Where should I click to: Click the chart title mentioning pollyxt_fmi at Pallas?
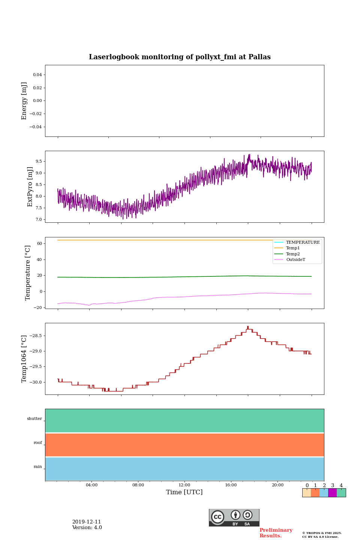pos(180,57)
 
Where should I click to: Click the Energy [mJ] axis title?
pos(24,101)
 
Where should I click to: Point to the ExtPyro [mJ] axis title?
pos(30,187)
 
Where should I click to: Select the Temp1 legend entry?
pos(292,248)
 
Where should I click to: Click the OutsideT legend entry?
pos(295,260)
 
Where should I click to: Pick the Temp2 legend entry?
pos(292,254)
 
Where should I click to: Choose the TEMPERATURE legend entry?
pos(302,243)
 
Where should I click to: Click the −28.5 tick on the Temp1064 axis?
pos(33,336)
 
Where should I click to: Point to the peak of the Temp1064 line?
pos(248,327)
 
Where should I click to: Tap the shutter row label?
pos(34,419)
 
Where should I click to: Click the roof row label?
pos(38,443)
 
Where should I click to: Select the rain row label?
pos(38,467)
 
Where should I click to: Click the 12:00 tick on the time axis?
pos(184,485)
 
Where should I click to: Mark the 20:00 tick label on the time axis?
pos(277,485)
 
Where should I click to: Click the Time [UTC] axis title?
pos(184,492)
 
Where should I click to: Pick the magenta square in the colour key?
pos(332,493)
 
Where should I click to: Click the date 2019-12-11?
pos(87,522)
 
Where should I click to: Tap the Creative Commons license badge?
pos(234,517)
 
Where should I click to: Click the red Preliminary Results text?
pos(276,533)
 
